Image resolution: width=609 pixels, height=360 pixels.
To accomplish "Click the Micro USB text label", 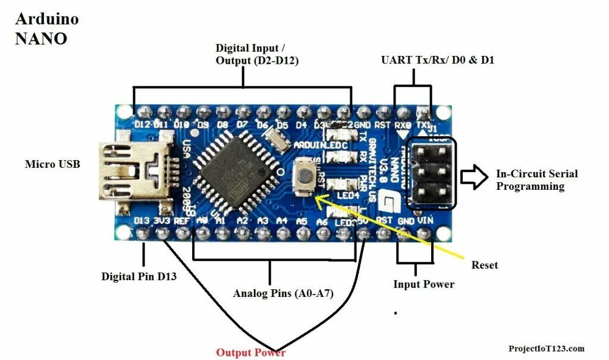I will (x=52, y=164).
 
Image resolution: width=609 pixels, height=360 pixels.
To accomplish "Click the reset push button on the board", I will (x=306, y=176).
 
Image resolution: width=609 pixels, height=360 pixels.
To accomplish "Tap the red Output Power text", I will (x=250, y=352).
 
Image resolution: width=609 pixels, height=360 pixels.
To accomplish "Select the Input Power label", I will (x=423, y=284).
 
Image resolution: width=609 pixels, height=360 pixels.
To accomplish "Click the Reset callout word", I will (x=484, y=264).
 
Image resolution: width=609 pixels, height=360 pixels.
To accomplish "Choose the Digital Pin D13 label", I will (x=139, y=276).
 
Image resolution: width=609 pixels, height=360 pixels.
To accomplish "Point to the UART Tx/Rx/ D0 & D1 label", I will (x=438, y=60).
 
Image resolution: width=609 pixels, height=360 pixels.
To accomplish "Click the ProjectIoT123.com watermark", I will (x=547, y=348).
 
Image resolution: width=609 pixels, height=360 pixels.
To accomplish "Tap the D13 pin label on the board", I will (x=142, y=221).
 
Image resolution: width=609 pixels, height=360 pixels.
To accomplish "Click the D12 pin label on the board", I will (x=142, y=124).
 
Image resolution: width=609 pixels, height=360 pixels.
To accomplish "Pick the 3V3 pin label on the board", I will (x=162, y=221).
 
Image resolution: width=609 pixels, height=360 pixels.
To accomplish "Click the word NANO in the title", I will (x=41, y=39).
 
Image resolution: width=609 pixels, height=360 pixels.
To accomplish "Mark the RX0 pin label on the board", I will (x=403, y=126).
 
